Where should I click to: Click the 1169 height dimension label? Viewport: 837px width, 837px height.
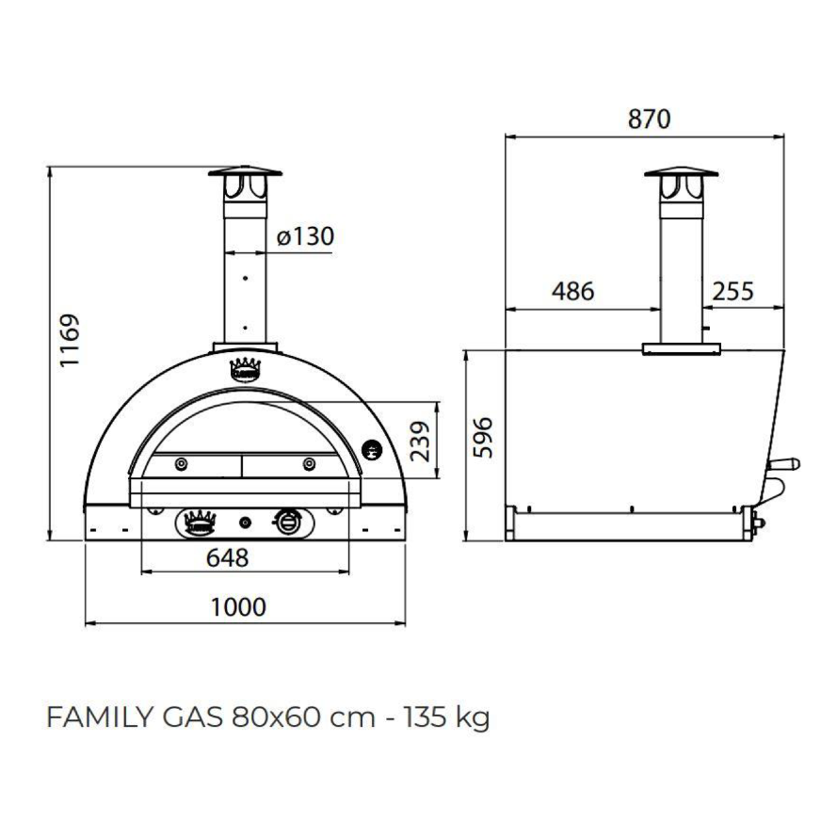coord(70,340)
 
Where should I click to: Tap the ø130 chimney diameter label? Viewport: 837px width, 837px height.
coord(305,236)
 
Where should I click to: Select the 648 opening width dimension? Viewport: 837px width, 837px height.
coord(228,558)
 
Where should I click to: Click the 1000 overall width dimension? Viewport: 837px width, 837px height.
coord(238,607)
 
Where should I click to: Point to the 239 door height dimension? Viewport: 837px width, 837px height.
coord(420,441)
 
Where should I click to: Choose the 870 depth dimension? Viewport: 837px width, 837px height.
coord(649,119)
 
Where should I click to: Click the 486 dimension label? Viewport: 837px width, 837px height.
coord(572,292)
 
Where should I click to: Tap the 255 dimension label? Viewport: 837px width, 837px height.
coord(732,292)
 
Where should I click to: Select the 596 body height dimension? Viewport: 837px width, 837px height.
coord(484,438)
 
